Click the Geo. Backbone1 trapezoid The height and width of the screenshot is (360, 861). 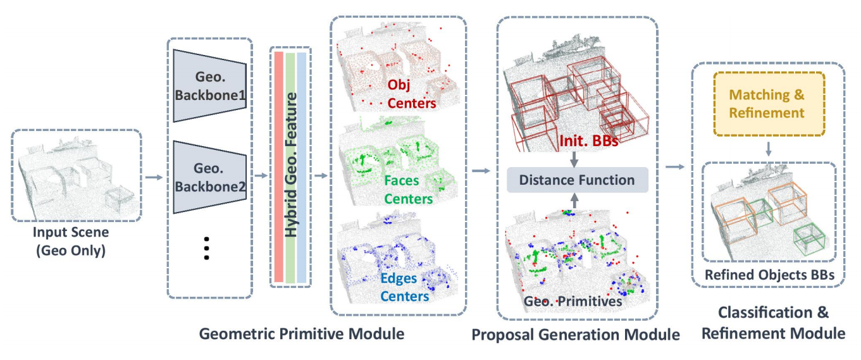[210, 86]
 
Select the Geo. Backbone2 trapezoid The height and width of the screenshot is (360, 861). [210, 177]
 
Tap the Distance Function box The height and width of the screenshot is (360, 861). [578, 180]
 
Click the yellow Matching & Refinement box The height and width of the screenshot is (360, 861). [769, 104]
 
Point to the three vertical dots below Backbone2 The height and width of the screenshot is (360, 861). [206, 248]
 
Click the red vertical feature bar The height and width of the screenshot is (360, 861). [279, 167]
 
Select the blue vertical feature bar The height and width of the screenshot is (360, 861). [302, 167]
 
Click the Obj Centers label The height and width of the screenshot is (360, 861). [411, 94]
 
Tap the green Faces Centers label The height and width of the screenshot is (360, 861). [408, 190]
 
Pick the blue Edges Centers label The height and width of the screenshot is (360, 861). [404, 287]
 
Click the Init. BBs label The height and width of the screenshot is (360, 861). [588, 140]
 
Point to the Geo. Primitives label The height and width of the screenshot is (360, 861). [573, 301]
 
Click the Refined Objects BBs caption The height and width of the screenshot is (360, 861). [769, 275]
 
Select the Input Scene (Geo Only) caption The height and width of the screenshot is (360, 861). [71, 241]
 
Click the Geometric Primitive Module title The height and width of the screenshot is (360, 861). [302, 333]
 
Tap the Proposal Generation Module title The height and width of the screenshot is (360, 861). [576, 335]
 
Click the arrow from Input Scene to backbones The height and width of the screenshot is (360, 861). [154, 177]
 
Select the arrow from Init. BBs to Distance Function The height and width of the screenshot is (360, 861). [574, 158]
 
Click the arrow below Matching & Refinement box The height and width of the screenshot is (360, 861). [769, 149]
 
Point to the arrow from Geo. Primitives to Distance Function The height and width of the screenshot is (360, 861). [574, 201]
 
